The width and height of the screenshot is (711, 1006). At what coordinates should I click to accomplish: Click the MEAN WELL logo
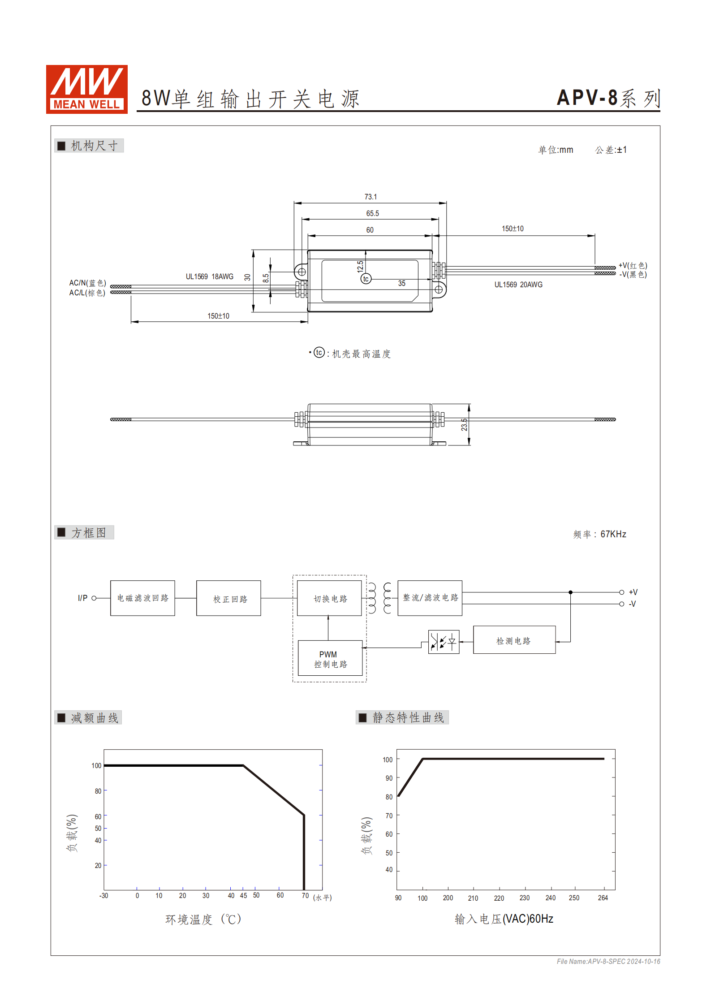[86, 89]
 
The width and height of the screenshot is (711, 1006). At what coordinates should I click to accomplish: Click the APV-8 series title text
[608, 98]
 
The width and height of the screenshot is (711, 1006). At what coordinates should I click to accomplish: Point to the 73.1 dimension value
[370, 197]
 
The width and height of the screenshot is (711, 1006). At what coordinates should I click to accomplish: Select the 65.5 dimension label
[372, 213]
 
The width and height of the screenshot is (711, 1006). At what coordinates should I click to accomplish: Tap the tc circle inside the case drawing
[366, 279]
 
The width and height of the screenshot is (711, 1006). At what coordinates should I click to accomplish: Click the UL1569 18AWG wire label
[209, 276]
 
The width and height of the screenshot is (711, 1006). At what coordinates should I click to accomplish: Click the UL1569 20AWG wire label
[518, 285]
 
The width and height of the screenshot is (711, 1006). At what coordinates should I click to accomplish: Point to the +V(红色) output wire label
[633, 265]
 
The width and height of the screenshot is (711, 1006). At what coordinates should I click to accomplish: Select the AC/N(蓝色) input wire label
[87, 283]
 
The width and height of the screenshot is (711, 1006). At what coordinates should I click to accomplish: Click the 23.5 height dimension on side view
[464, 424]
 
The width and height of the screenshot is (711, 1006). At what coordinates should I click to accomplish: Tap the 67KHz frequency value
[613, 534]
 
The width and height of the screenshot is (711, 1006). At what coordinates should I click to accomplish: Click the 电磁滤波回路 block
[142, 598]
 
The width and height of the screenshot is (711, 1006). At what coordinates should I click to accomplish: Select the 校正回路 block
[228, 598]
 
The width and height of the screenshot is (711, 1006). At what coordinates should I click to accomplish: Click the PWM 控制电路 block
[330, 659]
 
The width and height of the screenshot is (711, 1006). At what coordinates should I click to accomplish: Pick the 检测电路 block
[514, 640]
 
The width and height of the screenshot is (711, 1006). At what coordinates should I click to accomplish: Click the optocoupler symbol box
[444, 642]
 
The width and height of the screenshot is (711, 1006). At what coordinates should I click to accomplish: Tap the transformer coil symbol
[379, 598]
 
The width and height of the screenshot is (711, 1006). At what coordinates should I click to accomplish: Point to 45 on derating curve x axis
[243, 895]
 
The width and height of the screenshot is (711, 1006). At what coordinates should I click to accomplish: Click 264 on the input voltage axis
[603, 898]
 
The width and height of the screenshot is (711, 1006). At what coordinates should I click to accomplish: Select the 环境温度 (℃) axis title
[203, 920]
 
